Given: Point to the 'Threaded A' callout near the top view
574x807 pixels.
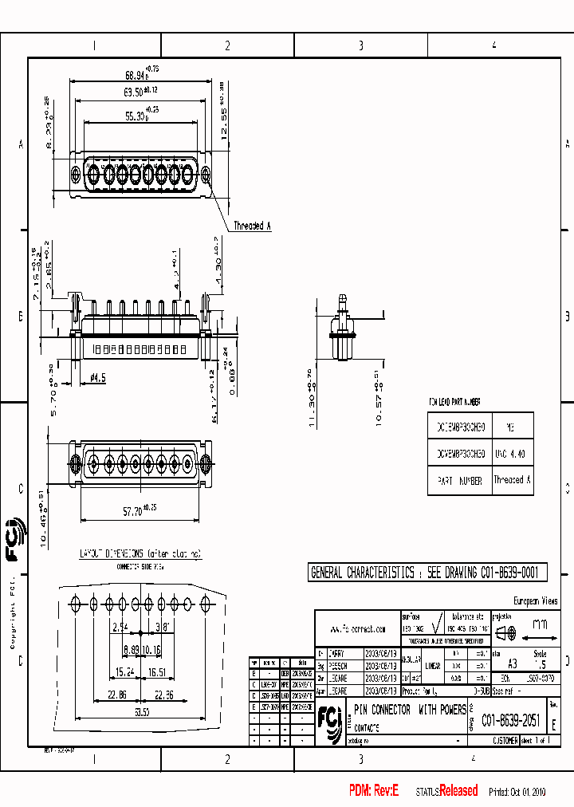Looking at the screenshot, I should (x=252, y=226).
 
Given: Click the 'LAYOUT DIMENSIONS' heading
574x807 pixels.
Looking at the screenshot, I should (x=140, y=553).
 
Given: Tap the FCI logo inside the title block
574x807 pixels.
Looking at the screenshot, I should (x=328, y=717).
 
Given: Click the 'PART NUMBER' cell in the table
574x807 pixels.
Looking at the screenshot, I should (x=459, y=480).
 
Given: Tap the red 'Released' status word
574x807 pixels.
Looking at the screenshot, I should (x=458, y=791).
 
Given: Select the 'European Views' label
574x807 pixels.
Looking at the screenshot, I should (x=535, y=601).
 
